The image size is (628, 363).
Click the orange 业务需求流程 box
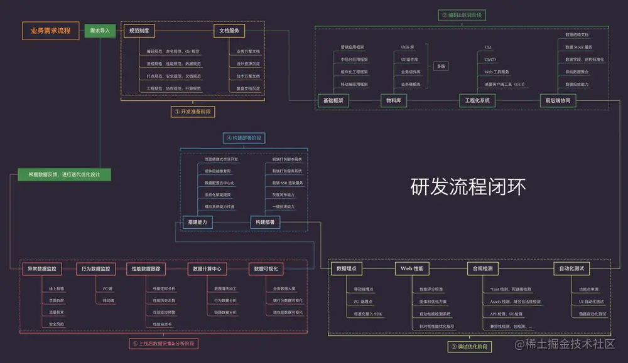(x=51, y=29)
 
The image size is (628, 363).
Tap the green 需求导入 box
(x=100, y=30)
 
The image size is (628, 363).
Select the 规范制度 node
(x=139, y=30)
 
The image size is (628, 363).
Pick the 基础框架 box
(x=333, y=100)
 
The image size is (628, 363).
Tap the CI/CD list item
(x=490, y=60)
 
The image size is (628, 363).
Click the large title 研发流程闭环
(x=468, y=186)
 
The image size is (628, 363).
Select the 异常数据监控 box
(x=41, y=269)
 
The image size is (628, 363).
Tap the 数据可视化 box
(x=266, y=269)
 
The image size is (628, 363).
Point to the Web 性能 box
(x=413, y=268)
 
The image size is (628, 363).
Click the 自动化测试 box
(x=571, y=268)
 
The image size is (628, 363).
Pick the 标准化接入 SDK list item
(x=368, y=313)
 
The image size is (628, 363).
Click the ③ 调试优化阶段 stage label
(x=470, y=347)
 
